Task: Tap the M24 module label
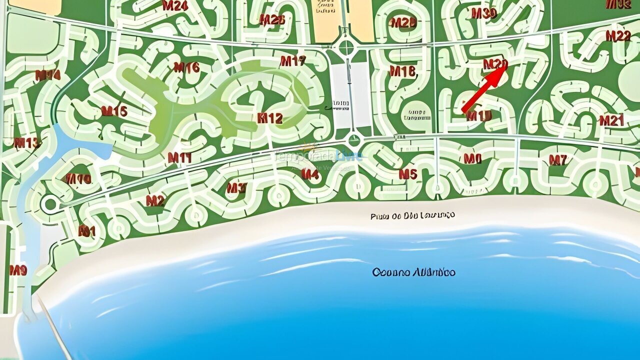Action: (x=175, y=6)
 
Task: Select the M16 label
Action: (x=186, y=67)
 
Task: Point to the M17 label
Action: (x=292, y=61)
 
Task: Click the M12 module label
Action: (x=270, y=118)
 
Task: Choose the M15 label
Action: (x=114, y=111)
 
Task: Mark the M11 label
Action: (x=179, y=158)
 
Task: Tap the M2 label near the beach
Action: (x=155, y=201)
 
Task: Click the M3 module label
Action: (x=236, y=188)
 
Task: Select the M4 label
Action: (x=310, y=174)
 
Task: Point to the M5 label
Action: (x=407, y=174)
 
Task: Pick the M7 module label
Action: (x=558, y=160)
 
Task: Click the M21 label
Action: (x=611, y=120)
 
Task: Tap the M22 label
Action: (x=618, y=36)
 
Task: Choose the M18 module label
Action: (x=402, y=71)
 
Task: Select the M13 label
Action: (x=26, y=143)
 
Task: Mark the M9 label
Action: (x=18, y=270)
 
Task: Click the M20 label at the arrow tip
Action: (x=495, y=64)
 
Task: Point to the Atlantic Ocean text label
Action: (x=413, y=272)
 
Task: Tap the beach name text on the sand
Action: (x=412, y=215)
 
